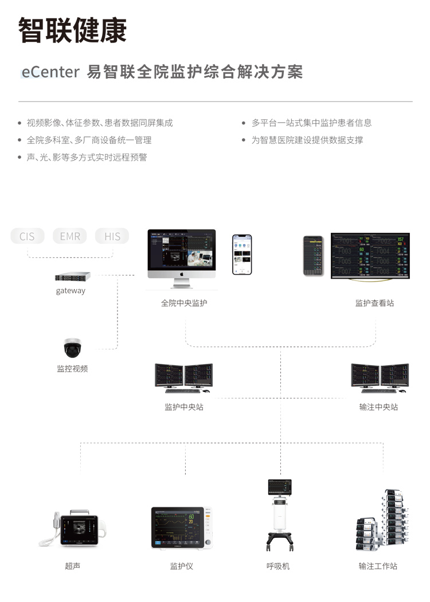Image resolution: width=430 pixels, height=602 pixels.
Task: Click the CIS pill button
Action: pos(27,236)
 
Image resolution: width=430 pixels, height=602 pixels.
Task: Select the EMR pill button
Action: pos(70,236)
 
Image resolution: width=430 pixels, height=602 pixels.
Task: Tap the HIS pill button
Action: pos(112,236)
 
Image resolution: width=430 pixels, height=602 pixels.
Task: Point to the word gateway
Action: pos(71,291)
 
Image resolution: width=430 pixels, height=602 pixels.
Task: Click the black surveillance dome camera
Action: pos(73,347)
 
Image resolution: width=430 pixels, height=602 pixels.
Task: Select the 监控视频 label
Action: pos(72,369)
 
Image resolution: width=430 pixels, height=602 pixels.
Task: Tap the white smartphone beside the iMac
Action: pos(242,254)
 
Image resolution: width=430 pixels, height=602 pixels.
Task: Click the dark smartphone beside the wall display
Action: pos(313,256)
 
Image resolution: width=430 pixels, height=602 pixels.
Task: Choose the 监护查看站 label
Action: pos(374,303)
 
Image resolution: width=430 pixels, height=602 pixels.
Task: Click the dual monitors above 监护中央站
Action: pos(183,378)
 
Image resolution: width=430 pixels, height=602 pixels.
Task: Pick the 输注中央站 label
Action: pos(378,407)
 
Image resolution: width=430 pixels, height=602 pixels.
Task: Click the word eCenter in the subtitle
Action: pos(50,72)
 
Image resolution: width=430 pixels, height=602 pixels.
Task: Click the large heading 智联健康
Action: pos(72,30)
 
